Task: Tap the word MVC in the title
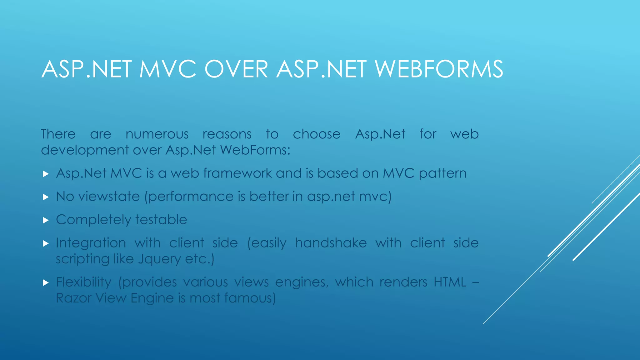[168, 69]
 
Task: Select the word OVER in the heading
[236, 69]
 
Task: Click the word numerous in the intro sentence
[157, 134]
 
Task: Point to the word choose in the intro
[316, 134]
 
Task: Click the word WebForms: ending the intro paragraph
[255, 150]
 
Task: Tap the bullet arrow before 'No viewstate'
[46, 197]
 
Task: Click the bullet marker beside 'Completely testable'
[46, 220]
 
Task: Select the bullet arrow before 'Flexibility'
[46, 283]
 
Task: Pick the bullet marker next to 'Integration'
[46, 243]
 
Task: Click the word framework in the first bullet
[237, 173]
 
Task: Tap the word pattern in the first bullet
[442, 173]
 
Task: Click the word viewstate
[109, 197]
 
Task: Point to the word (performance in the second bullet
[189, 197]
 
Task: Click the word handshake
[331, 243]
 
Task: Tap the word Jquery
[159, 259]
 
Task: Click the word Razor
[74, 298]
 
